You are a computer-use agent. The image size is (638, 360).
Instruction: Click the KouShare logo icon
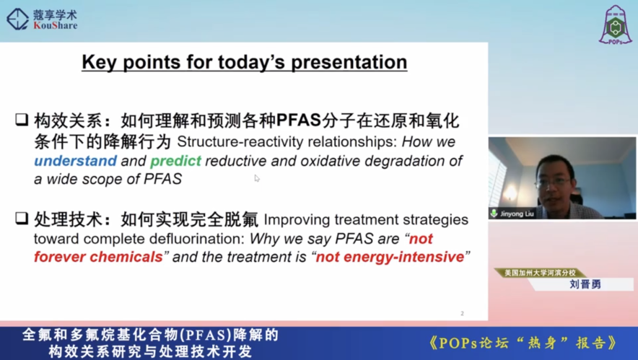pos(17,19)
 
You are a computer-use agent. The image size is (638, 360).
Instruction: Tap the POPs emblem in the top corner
pos(615,25)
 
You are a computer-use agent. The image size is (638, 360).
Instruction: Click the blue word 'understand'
pos(75,161)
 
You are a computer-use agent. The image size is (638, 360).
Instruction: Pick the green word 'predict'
pos(176,161)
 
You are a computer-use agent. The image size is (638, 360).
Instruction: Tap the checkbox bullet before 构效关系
pos(22,120)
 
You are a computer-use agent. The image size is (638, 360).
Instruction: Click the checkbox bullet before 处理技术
pos(22,218)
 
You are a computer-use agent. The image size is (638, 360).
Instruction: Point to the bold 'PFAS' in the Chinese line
pos(299,120)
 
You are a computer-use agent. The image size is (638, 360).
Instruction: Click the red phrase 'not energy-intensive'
pos(390,257)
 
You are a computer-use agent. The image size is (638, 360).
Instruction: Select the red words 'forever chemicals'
pos(98,257)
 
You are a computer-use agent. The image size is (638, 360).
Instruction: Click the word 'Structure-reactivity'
pos(246,142)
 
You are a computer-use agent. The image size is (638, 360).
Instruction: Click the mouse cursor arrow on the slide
pos(257,178)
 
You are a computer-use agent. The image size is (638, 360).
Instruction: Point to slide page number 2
pos(462,313)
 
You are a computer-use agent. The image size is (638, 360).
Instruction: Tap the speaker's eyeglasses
pos(554,183)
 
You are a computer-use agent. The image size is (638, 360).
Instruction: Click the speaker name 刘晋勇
pos(585,284)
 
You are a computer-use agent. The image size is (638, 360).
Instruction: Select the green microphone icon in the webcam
pos(494,213)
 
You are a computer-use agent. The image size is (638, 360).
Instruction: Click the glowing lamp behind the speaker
pos(509,192)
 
